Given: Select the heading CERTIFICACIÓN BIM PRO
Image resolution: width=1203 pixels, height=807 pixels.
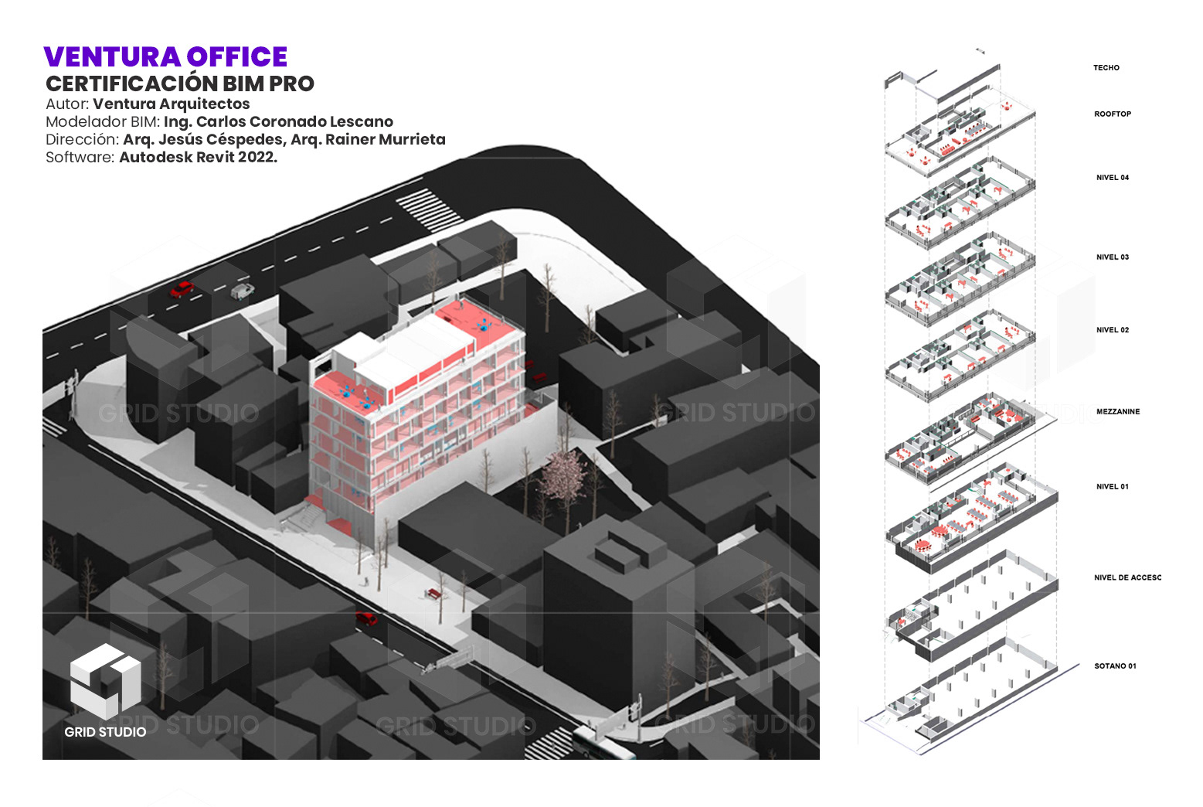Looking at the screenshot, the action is pos(180,83).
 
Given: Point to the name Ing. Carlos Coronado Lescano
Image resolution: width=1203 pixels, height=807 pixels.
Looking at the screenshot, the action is pos(278,121).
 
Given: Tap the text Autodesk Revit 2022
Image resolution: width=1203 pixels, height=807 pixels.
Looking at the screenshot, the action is pos(198,157).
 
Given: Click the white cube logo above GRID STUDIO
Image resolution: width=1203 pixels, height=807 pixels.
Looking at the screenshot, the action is pos(105,679).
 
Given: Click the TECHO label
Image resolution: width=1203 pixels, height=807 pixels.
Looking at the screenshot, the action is pos(1106,68).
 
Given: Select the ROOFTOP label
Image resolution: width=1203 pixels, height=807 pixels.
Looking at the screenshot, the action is pos(1112,114).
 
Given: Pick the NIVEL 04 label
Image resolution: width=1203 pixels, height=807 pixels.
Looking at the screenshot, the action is pos(1112,178).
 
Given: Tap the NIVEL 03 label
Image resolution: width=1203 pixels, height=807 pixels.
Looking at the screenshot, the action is pos(1112,257).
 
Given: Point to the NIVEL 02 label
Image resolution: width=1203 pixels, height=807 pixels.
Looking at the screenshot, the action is pos(1112,330).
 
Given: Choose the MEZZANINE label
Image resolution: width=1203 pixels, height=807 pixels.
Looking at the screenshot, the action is pos(1117,412).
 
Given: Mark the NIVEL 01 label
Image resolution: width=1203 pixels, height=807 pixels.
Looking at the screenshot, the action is pos(1112,487).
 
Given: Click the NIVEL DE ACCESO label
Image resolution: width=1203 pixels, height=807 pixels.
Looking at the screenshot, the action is pos(1127,578).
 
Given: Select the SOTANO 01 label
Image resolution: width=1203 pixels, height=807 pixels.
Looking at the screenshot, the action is pos(1115,666).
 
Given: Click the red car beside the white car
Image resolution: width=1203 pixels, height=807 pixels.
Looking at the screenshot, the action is pos(182,290).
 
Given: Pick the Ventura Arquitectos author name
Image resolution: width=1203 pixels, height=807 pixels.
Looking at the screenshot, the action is pos(171,104).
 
